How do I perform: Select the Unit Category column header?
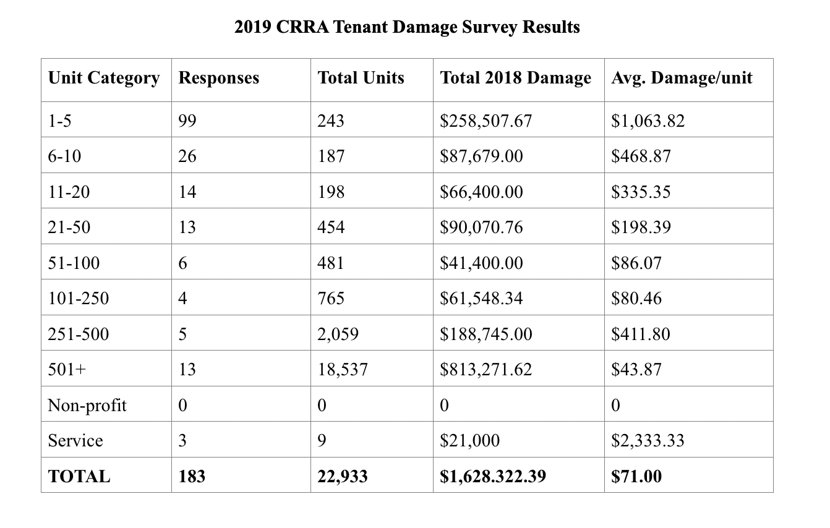104,78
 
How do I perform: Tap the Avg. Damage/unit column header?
682,78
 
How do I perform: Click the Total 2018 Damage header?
515,78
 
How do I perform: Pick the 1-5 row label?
59,121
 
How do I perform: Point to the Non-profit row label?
87,406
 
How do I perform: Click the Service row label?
75,441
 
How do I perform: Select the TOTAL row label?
79,477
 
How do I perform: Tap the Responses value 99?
187,121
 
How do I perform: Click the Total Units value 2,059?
338,334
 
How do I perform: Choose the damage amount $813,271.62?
486,370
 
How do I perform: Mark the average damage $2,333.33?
648,441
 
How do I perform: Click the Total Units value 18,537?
343,370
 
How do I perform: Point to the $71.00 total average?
636,477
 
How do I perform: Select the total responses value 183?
192,477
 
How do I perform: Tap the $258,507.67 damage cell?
486,121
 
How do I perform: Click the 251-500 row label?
79,334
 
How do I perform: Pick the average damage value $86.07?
636,263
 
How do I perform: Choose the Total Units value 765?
331,298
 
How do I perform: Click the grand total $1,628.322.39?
493,477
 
